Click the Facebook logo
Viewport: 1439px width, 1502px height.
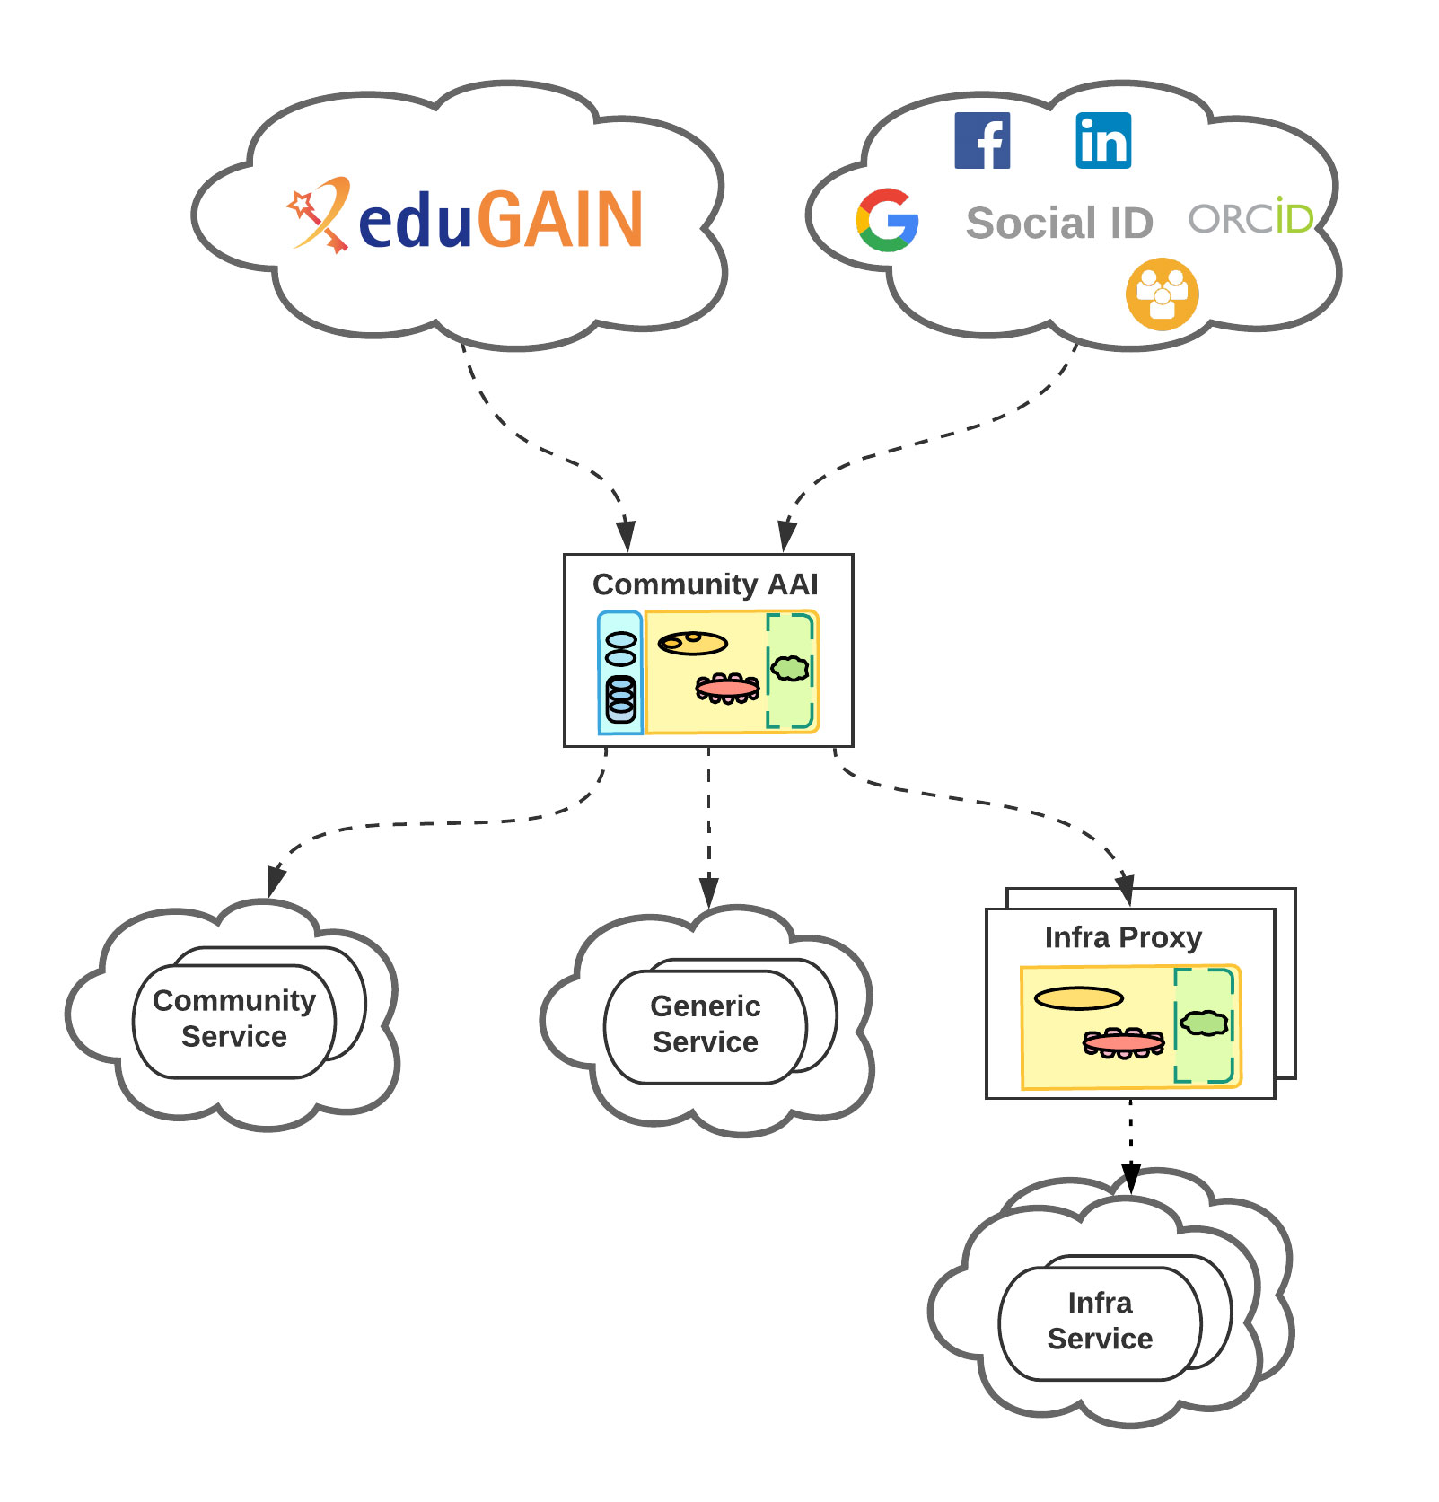click(982, 141)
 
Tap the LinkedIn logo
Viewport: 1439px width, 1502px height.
click(1103, 141)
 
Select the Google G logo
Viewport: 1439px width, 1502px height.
click(887, 220)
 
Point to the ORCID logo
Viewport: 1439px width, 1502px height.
click(1250, 217)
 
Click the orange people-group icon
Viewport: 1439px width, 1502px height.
click(1162, 294)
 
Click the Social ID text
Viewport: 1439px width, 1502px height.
click(1059, 223)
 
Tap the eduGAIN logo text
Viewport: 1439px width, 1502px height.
click(500, 219)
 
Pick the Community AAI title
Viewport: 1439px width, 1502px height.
click(706, 584)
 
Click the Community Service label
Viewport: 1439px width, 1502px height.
click(234, 1018)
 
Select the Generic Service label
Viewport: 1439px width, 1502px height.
click(706, 1023)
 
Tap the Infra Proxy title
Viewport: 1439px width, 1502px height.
click(1123, 937)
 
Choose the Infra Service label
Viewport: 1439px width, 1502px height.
click(1100, 1321)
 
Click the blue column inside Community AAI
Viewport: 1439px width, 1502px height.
click(620, 673)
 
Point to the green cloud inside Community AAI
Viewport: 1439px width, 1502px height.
click(790, 668)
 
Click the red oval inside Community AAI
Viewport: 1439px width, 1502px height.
click(727, 689)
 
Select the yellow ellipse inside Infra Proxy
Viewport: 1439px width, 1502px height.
click(1078, 998)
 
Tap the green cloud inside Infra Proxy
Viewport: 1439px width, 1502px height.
click(1204, 1023)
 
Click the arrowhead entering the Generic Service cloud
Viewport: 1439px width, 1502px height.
click(709, 892)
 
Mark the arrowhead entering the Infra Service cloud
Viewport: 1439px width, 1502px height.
click(1131, 1177)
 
